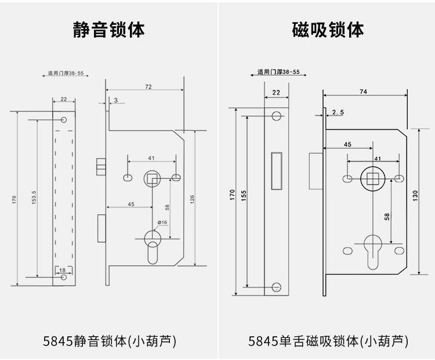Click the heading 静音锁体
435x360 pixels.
click(x=108, y=30)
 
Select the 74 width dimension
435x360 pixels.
click(x=363, y=91)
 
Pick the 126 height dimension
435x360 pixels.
click(x=192, y=197)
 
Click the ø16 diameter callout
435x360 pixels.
click(x=162, y=222)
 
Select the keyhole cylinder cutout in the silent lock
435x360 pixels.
click(x=152, y=244)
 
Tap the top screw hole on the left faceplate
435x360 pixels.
click(x=64, y=120)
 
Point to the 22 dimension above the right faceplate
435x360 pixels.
click(x=275, y=92)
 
